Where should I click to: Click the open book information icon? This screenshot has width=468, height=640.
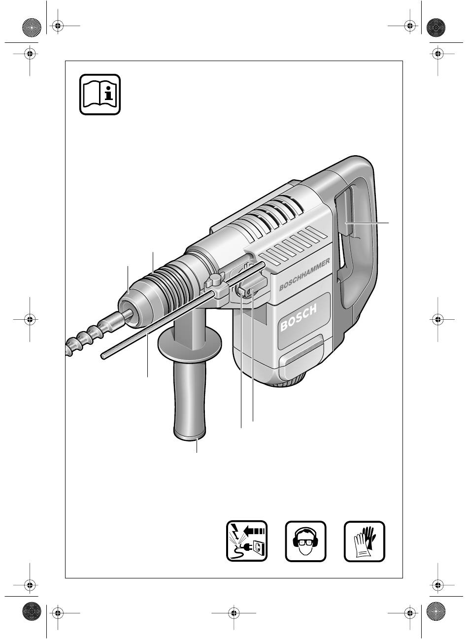pos(100,94)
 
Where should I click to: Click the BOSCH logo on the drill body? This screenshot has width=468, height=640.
pos(299,318)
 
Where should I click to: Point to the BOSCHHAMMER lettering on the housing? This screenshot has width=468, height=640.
pos(304,274)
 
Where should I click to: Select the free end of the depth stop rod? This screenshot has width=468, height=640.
pos(103,356)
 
